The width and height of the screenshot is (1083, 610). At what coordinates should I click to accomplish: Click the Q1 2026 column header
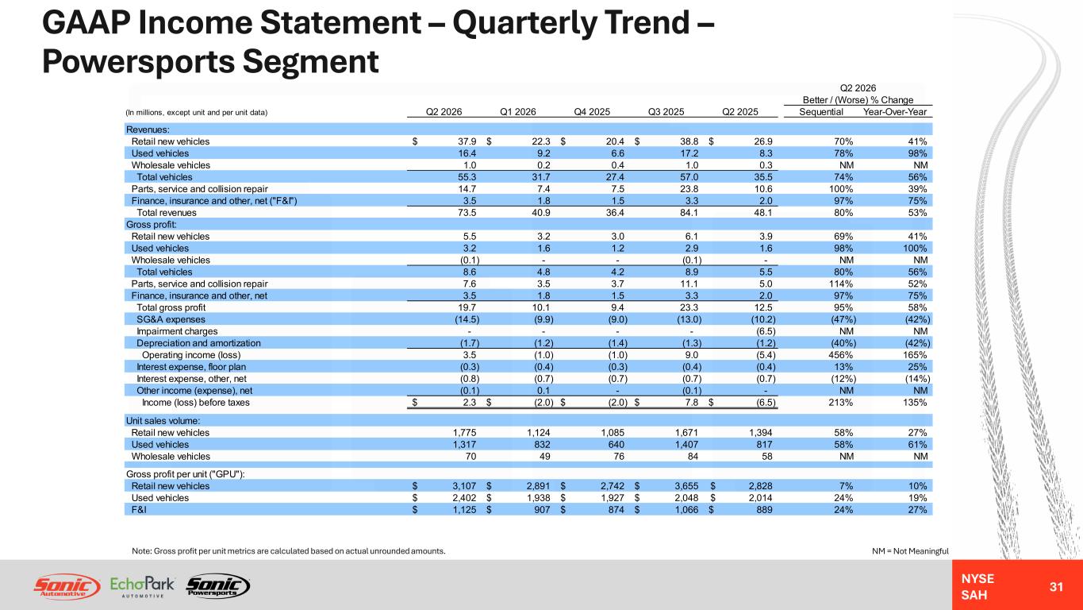click(518, 112)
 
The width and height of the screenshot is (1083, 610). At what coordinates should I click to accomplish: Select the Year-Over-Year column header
click(895, 112)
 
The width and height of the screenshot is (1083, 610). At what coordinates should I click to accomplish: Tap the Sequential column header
click(821, 112)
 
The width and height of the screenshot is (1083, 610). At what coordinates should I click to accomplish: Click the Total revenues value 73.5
click(467, 213)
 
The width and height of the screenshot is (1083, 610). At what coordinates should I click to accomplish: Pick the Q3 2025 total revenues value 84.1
click(689, 213)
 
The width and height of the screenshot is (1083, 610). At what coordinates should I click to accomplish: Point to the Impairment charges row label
click(177, 331)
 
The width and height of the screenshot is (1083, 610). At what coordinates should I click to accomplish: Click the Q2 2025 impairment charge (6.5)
click(766, 331)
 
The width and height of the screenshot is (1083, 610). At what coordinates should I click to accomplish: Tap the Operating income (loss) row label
click(191, 355)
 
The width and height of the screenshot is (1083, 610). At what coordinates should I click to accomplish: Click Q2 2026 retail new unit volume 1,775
click(464, 432)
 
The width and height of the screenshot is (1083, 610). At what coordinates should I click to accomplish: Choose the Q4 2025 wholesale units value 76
click(618, 456)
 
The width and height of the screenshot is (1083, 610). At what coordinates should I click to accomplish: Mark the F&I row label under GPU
click(139, 509)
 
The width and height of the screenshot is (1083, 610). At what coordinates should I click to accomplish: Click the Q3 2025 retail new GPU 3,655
click(686, 485)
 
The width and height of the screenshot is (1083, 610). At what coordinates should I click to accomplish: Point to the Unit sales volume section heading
click(163, 421)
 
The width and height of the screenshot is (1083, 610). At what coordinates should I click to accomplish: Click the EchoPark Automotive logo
click(142, 587)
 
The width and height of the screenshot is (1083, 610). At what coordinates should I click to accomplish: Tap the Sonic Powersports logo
click(218, 586)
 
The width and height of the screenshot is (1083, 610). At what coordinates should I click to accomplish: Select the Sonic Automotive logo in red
click(67, 587)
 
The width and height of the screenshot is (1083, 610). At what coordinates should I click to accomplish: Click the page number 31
click(1056, 587)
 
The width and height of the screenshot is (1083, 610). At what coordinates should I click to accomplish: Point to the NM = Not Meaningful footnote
click(910, 551)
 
